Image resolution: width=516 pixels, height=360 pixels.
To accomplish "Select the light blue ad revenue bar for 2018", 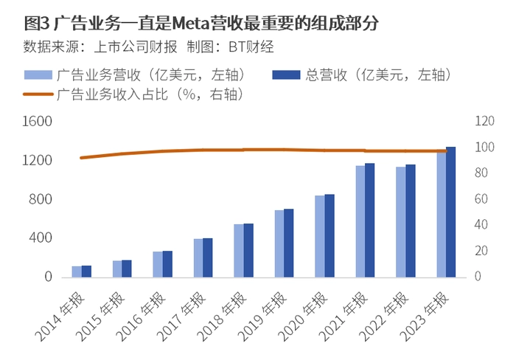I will point(238,251).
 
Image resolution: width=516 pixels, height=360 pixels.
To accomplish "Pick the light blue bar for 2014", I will point(77,271).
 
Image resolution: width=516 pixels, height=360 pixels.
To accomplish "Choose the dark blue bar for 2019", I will point(289,243).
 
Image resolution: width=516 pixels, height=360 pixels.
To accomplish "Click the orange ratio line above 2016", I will point(163,151).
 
